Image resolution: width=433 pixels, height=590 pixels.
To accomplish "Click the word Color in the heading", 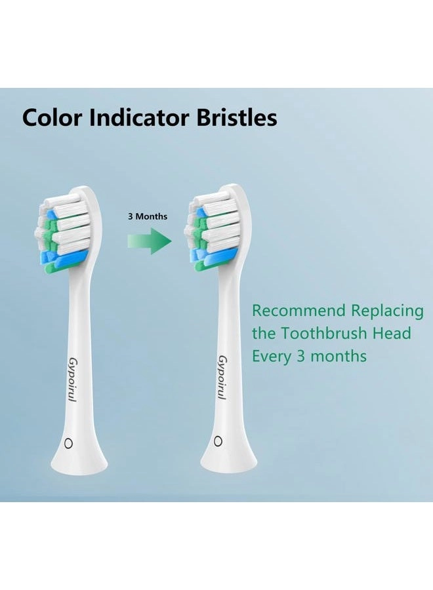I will coord(54,118).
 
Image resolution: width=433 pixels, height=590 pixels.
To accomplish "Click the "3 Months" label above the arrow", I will coord(148,216).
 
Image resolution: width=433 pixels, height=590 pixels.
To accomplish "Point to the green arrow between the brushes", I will coord(150,241).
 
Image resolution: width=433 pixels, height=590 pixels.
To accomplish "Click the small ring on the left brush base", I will coord(67,444).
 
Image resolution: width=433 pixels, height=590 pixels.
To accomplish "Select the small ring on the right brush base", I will coord(218,441).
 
